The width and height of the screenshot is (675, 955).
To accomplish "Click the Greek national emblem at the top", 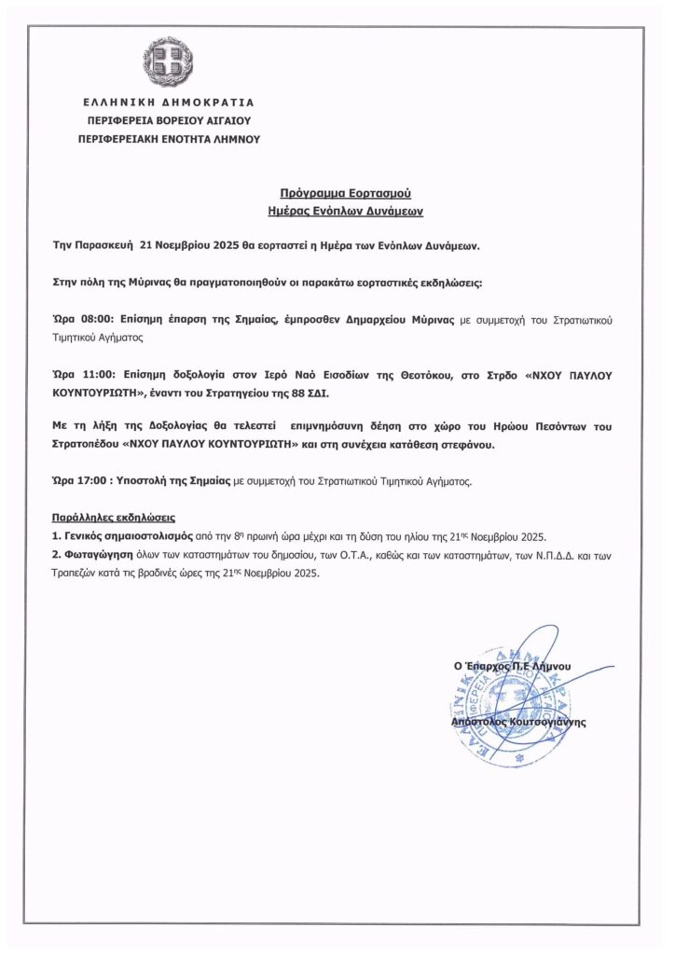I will tap(168, 63).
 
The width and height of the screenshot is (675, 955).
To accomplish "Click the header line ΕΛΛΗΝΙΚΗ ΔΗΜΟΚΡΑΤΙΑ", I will tap(168, 103).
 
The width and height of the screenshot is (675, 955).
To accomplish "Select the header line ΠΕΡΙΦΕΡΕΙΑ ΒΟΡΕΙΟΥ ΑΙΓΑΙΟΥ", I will tap(168, 120).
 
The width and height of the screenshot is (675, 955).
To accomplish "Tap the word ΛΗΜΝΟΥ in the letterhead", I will tap(236, 139).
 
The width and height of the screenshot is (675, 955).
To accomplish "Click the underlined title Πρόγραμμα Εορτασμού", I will tap(345, 193).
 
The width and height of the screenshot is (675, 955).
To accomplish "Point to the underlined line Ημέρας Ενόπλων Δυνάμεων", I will tap(345, 212).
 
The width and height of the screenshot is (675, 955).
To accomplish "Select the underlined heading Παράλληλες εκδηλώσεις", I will tap(114, 517).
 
